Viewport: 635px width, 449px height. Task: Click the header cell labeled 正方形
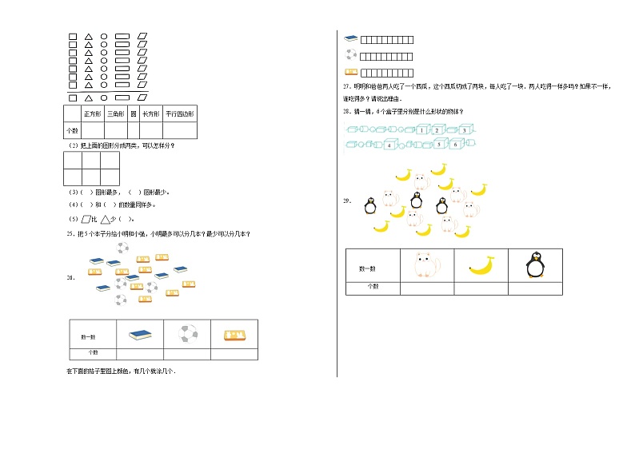[91, 114]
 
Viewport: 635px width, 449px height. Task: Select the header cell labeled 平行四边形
[180, 114]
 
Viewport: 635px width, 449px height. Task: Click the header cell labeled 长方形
[151, 114]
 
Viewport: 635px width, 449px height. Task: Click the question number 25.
[70, 233]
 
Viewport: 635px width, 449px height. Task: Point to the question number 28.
[346, 111]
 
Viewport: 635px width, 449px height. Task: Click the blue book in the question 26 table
[140, 335]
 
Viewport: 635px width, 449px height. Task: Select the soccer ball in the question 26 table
[186, 334]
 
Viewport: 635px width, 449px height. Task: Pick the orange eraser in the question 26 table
[234, 335]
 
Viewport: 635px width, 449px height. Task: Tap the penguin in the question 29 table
[535, 264]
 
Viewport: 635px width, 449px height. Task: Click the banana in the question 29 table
[481, 264]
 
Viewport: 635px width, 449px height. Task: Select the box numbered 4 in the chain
[388, 145]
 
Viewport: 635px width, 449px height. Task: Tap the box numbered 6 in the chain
[454, 145]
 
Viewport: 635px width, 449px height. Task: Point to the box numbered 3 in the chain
[465, 129]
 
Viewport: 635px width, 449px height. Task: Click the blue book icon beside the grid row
[350, 38]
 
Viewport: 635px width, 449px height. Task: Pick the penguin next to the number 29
[369, 205]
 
